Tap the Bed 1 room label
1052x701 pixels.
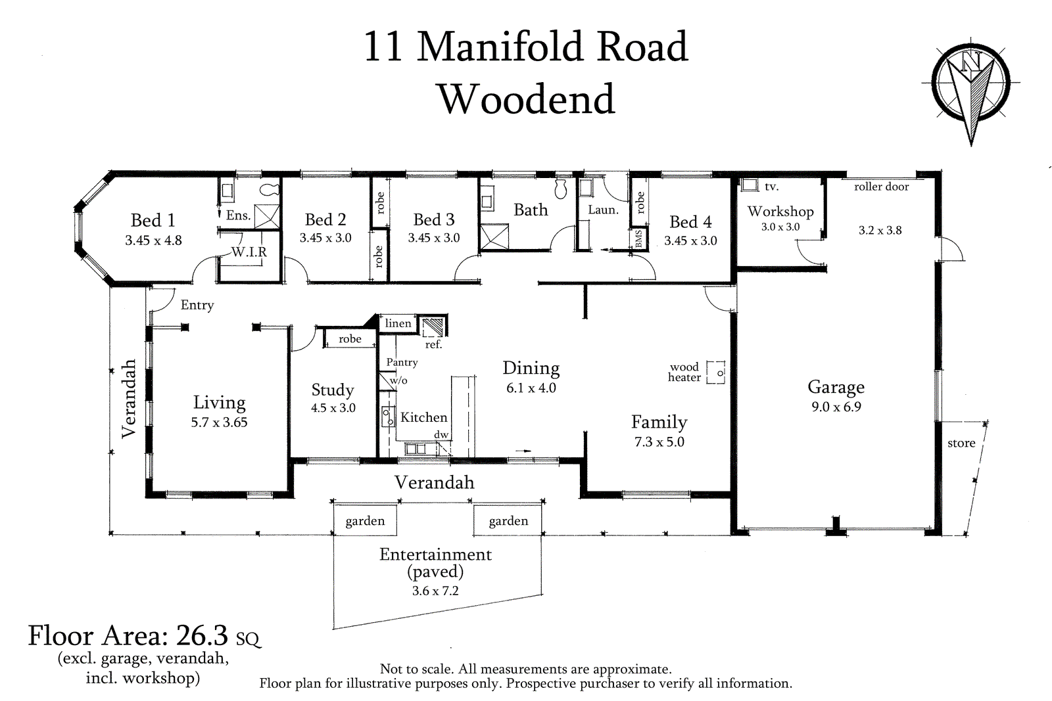coord(153,220)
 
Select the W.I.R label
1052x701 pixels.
coord(249,252)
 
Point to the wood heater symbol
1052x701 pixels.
coord(716,372)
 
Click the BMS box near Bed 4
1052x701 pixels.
coord(638,239)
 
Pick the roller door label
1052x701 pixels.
coord(882,187)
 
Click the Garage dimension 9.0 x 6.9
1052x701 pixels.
coord(836,407)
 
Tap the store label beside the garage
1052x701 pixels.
coord(961,443)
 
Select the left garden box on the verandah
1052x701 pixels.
coord(365,520)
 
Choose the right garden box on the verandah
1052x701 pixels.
coord(508,520)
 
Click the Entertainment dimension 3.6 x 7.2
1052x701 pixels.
coord(435,591)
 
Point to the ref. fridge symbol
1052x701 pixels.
coord(433,327)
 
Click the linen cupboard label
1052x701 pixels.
coord(398,323)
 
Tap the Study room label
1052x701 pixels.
coord(333,390)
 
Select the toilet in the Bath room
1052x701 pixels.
coord(561,188)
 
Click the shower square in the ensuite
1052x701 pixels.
coord(267,217)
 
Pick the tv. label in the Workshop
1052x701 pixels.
coord(772,187)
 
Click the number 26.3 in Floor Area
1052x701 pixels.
coord(202,636)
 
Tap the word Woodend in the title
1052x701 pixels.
coord(527,99)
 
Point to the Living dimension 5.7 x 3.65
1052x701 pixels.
coord(219,422)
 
